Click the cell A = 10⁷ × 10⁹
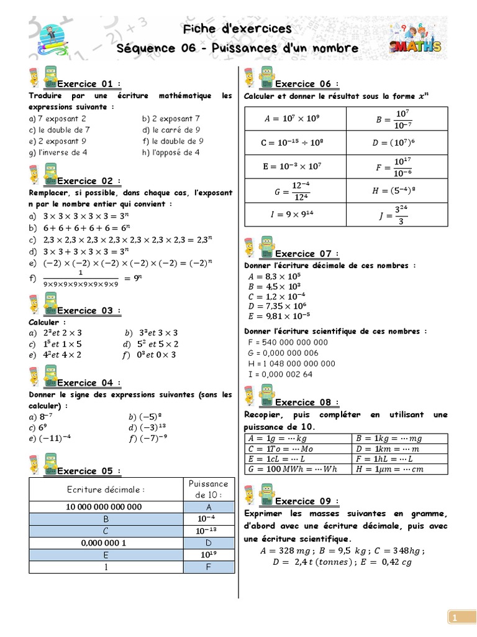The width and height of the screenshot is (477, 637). coord(295,118)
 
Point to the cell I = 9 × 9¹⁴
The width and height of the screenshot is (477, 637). coord(295,214)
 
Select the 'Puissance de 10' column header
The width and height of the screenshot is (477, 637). coord(207,489)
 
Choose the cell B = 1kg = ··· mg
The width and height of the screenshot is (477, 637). coord(399,438)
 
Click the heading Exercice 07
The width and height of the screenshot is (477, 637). coord(305,254)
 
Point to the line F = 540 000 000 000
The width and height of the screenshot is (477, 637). coord(288,342)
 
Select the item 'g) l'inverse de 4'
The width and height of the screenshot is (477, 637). coord(58,152)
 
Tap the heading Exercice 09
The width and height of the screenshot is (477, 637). coord(305,501)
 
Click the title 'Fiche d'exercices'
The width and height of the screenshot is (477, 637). coord(237,29)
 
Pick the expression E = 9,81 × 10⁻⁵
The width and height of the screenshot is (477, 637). coord(279,316)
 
